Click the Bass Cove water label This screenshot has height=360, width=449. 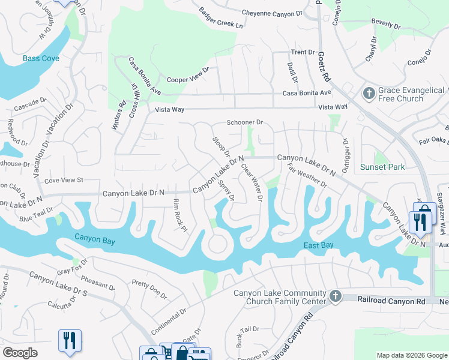pos(41,58)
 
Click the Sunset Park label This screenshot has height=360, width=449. pos(382,167)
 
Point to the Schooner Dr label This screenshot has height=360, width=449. pos(244,122)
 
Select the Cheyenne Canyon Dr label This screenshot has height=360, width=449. pos(277,13)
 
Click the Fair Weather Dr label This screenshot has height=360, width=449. pos(307,176)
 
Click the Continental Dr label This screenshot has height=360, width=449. pos(169,322)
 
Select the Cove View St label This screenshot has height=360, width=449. pos(63,180)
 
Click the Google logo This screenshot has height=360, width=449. pos(20,353)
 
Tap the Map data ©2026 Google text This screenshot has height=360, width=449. pos(411,355)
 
